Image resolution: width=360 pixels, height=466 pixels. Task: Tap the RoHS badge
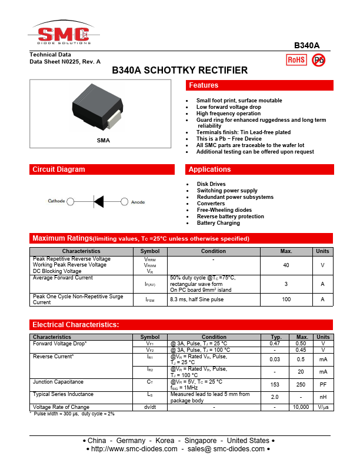pos(295,59)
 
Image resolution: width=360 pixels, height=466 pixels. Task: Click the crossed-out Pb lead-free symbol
pos(319,59)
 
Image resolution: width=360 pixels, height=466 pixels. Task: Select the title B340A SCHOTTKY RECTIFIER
pos(180,71)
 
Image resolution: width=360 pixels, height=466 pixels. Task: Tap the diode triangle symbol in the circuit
pos(99,201)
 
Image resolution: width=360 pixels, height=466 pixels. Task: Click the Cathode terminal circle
pos(71,201)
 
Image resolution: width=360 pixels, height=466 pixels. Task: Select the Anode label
pos(138,202)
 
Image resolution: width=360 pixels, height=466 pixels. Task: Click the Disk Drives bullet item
pos(211,184)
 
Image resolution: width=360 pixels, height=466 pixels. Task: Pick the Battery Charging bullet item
pos(218,223)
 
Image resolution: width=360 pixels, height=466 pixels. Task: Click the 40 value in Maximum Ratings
pos(286,265)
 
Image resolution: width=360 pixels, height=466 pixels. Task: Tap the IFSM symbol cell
pos(150,299)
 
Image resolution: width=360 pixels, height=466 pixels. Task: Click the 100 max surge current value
pos(286,299)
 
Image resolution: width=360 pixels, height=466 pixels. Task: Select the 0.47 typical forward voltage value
pos(275,343)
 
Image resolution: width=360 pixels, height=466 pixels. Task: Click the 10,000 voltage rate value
pos(301,407)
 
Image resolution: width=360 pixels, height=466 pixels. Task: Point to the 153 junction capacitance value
pos(275,385)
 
